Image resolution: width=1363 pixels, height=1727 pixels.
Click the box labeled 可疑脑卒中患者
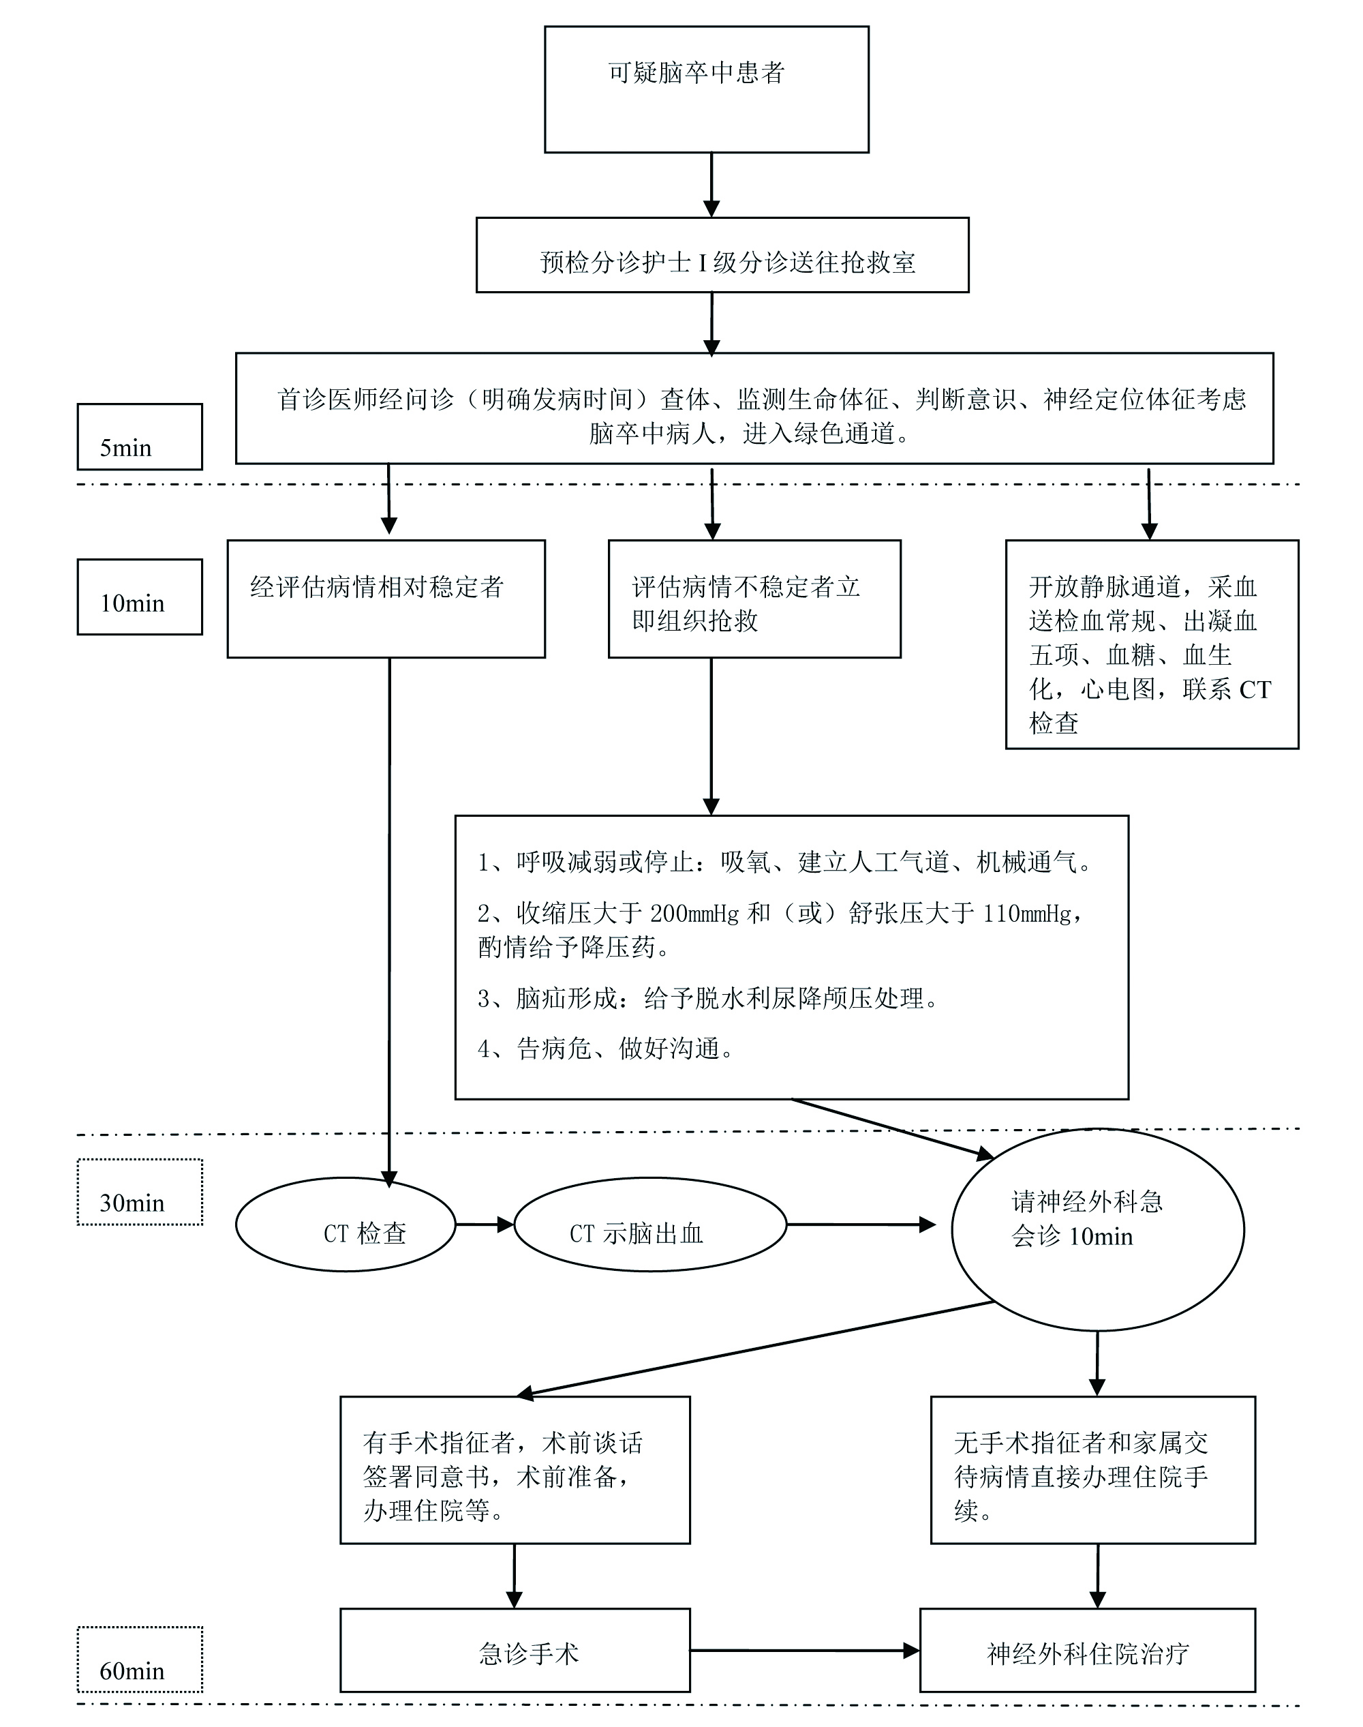pyautogui.click(x=706, y=89)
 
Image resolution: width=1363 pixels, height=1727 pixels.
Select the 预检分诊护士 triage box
pyautogui.click(x=722, y=255)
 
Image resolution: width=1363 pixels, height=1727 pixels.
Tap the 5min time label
pyautogui.click(x=140, y=437)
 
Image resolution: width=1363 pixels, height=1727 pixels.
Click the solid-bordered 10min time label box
pyautogui.click(x=140, y=597)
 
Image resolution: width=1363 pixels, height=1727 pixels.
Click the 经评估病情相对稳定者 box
pyautogui.click(x=386, y=599)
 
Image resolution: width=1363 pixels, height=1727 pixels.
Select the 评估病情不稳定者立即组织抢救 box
pyautogui.click(x=754, y=599)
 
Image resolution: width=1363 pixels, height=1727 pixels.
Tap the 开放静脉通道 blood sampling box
pyautogui.click(x=1152, y=644)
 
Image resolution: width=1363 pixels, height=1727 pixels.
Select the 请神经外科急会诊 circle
pyautogui.click(x=1097, y=1229)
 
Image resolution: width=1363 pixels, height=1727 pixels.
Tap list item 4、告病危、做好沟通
pyautogui.click(x=607, y=1049)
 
